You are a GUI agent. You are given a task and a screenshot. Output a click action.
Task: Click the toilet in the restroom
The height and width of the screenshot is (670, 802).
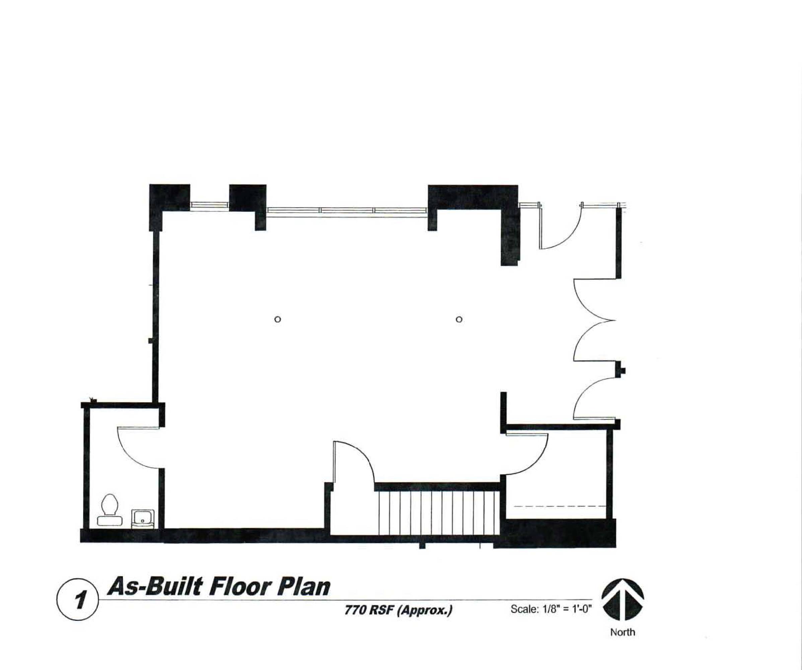[x=110, y=510]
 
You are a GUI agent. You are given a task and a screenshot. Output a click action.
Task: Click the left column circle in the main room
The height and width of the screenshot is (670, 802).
[x=278, y=319]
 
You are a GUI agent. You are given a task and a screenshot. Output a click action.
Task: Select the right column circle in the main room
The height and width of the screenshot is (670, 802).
[x=459, y=319]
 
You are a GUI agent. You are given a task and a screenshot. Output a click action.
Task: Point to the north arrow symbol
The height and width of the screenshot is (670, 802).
[x=623, y=599]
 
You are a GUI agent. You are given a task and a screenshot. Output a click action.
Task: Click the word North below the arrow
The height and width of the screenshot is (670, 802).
[x=623, y=632]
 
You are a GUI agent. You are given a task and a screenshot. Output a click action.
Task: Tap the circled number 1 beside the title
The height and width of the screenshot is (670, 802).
[x=78, y=600]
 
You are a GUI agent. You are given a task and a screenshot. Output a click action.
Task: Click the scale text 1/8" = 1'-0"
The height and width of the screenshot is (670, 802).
[x=565, y=609]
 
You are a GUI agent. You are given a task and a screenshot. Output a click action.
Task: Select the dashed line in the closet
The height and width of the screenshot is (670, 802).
[x=560, y=506]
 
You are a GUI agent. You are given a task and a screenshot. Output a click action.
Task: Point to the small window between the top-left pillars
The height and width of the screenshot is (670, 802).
[x=209, y=205]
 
